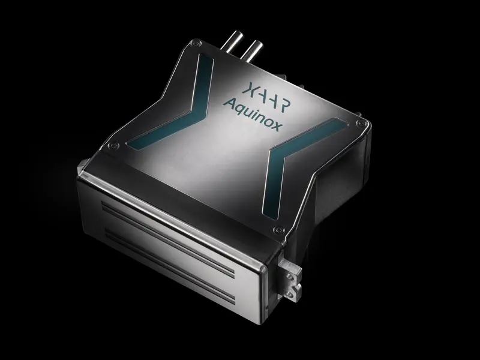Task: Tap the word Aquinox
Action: (x=251, y=115)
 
